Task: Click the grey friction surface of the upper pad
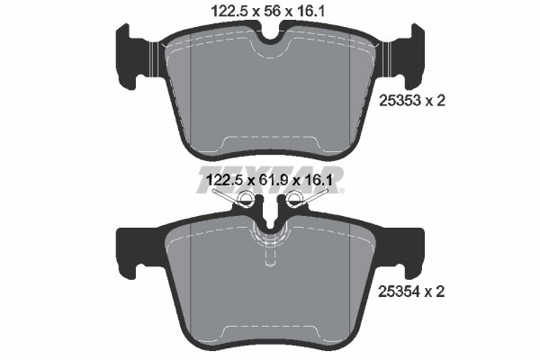coord(270,99)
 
